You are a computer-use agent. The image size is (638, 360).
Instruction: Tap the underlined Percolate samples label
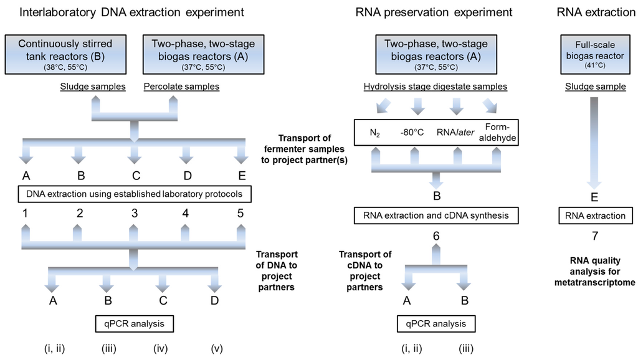tap(182, 87)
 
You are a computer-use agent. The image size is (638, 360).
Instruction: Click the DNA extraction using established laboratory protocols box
tap(135, 194)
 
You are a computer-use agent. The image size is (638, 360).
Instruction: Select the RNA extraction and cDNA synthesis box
tap(436, 216)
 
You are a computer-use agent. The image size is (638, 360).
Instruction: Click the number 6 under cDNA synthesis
tap(436, 237)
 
